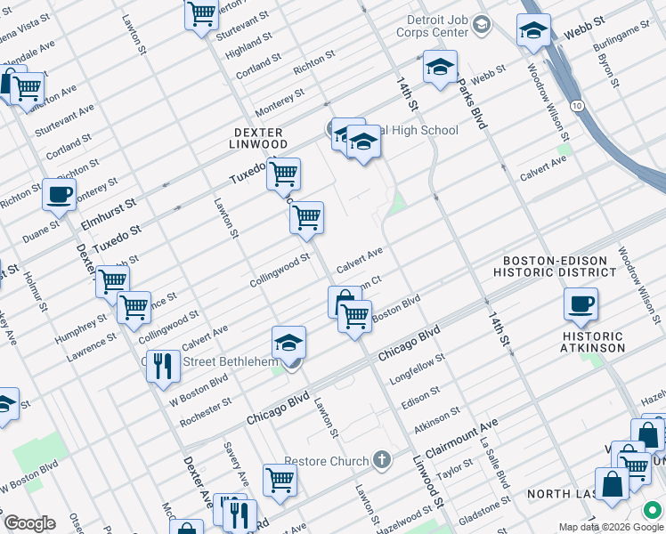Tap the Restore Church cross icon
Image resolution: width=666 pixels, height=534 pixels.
coord(382,460)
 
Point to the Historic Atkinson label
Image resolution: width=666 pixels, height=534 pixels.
coord(593,342)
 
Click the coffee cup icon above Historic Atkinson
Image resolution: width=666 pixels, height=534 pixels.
coord(581,304)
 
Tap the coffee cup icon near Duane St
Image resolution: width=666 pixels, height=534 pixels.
coord(60,195)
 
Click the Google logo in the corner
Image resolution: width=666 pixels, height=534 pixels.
coord(28,523)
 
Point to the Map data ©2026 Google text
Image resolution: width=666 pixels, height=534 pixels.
coord(599,527)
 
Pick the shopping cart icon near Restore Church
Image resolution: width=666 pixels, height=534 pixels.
coord(280,479)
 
